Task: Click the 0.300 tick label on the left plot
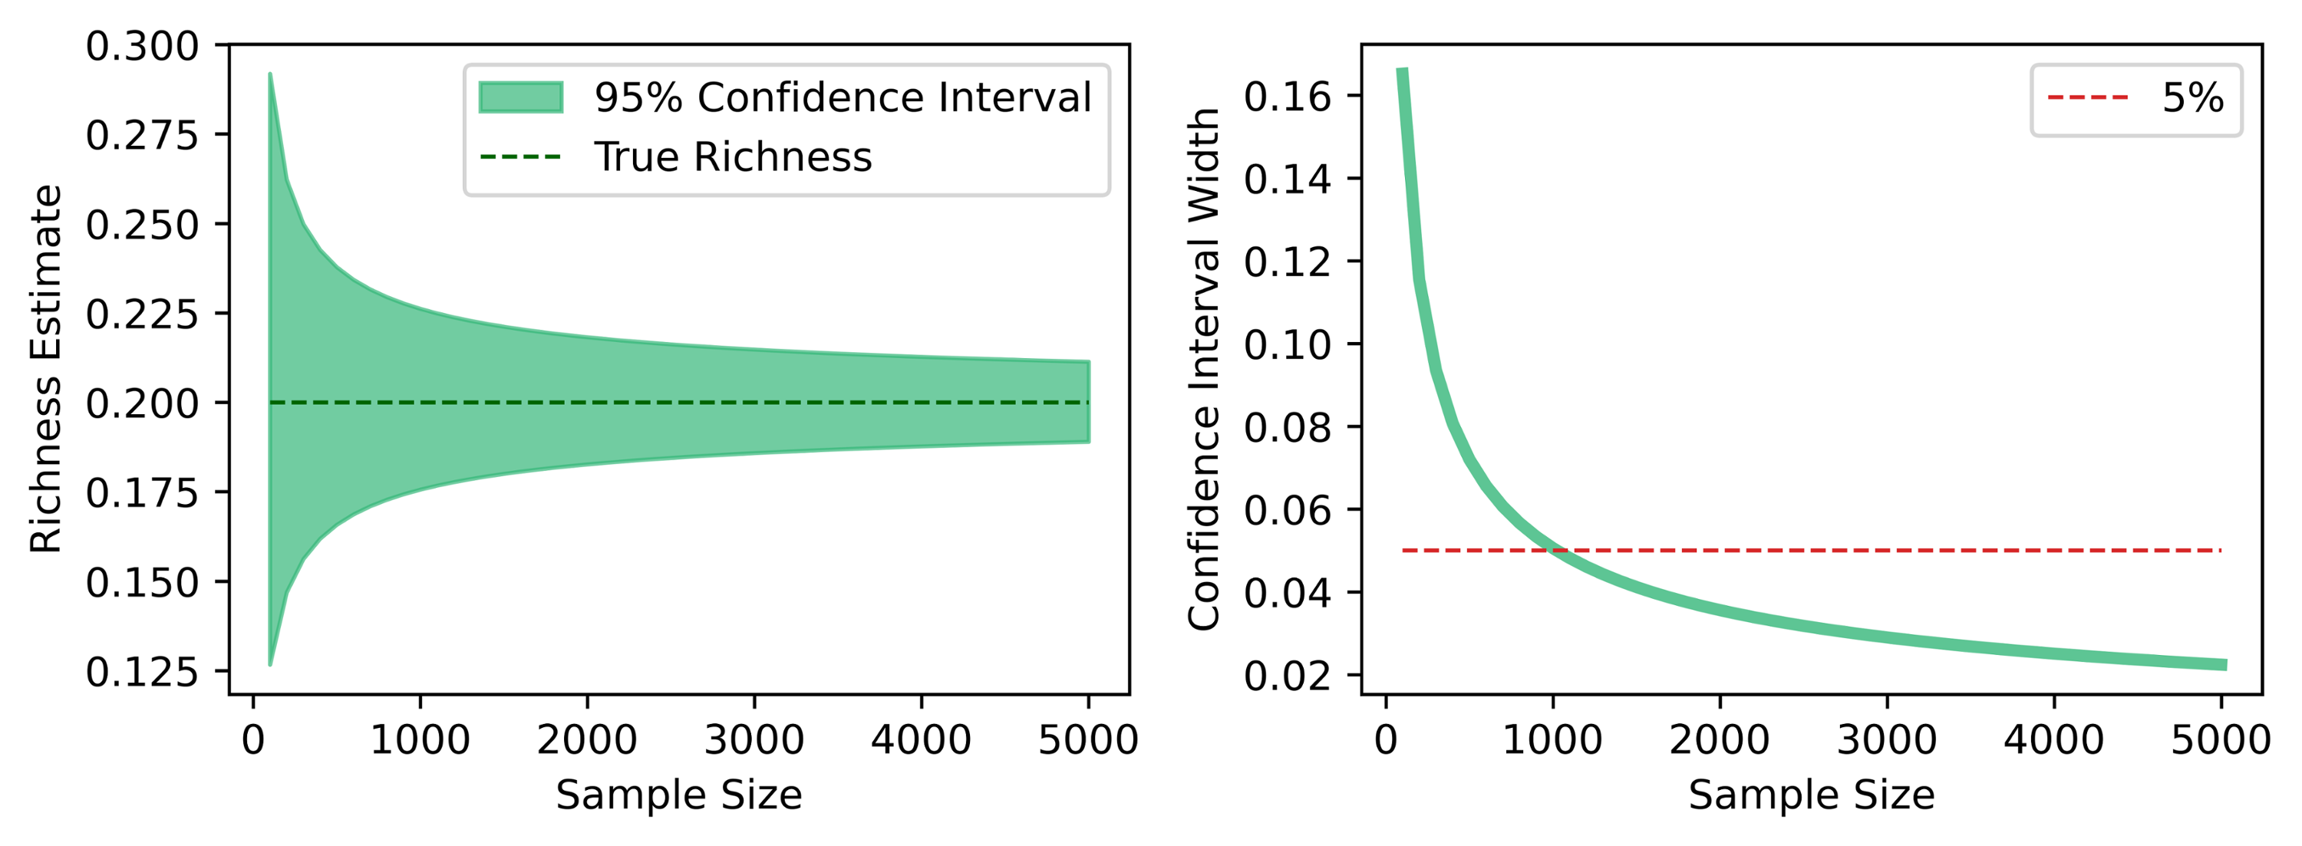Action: tap(141, 47)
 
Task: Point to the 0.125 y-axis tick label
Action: tap(141, 672)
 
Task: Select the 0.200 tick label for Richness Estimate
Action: tap(141, 403)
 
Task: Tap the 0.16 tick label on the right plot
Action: tap(1287, 97)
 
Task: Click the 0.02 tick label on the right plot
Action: tap(1287, 676)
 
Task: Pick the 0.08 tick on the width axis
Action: tap(1287, 427)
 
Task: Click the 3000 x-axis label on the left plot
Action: tap(754, 739)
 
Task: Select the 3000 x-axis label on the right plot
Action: tap(1886, 739)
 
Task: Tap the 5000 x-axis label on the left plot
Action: tap(1087, 739)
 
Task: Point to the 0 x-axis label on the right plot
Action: tap(1386, 739)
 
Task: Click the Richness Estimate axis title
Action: tap(47, 368)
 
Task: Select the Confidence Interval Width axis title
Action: tap(1204, 368)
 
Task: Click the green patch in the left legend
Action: tap(520, 97)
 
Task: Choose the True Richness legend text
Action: tap(733, 157)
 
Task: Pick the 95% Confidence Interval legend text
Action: tap(843, 97)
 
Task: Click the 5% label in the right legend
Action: tap(2192, 97)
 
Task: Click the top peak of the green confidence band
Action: tap(270, 75)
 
